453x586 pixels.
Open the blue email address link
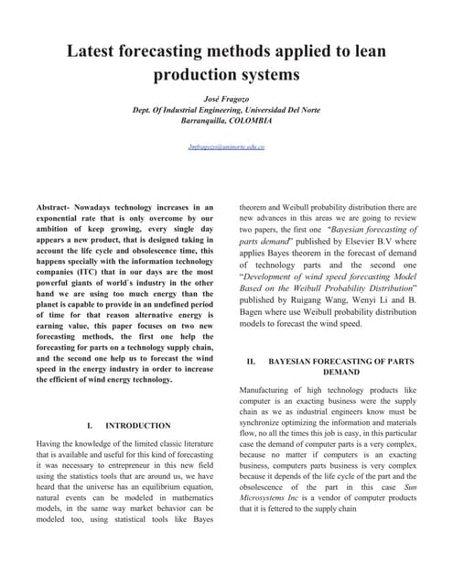(226, 146)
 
